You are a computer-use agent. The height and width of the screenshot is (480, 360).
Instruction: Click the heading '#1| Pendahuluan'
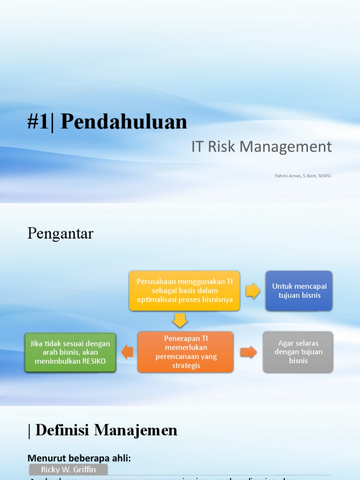click(107, 122)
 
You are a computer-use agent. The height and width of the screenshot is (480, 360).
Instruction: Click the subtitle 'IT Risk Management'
click(261, 147)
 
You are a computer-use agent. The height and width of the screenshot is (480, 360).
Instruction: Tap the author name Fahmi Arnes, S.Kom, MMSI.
click(303, 176)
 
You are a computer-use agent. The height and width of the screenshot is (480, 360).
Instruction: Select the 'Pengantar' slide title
click(60, 233)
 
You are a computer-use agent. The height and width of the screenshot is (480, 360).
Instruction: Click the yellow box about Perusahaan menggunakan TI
click(184, 291)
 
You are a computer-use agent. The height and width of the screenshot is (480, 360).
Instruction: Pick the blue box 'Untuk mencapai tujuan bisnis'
click(299, 291)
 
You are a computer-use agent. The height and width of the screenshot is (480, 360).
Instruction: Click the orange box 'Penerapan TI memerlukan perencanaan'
click(185, 352)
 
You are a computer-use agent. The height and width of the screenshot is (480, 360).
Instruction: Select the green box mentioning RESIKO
click(70, 352)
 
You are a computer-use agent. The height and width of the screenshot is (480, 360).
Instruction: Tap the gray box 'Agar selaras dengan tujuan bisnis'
click(298, 352)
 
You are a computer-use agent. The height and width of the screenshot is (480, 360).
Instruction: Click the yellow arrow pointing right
click(253, 291)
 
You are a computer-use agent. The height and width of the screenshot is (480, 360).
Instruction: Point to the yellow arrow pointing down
click(180, 321)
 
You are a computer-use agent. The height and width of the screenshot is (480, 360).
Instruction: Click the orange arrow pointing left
click(127, 352)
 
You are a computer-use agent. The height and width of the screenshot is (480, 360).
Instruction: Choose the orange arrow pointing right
click(248, 352)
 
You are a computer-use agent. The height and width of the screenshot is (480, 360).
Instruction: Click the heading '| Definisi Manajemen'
click(103, 430)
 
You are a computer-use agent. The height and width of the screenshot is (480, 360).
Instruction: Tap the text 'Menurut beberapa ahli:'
click(79, 458)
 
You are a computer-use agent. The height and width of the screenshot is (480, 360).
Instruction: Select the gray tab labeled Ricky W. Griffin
click(68, 469)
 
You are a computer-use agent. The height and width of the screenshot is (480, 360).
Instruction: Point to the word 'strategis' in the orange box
click(185, 365)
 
